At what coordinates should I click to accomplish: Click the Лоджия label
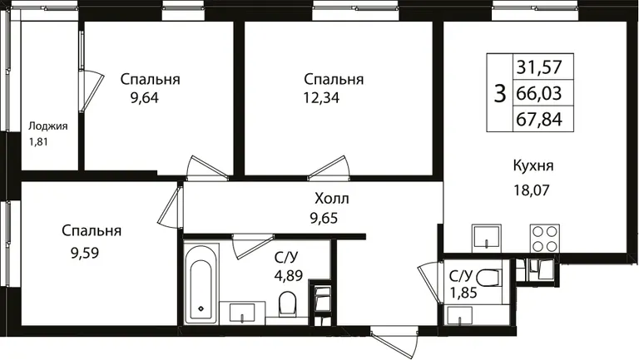point(47,126)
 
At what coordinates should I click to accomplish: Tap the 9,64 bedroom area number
point(145,98)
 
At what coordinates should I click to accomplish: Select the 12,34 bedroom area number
point(321,98)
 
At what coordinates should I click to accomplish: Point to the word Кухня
point(533,166)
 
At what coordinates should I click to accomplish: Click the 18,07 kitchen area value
point(532,190)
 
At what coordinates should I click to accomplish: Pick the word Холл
point(332,199)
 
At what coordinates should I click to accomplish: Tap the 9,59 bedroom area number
point(85,254)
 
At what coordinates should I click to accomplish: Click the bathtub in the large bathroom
point(201,284)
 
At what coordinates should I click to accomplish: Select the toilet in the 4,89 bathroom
point(287,303)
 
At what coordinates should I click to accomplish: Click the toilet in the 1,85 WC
point(488,279)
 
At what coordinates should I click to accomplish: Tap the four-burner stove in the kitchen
point(545,239)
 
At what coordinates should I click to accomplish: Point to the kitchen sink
point(487,238)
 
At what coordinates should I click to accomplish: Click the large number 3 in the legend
point(499,93)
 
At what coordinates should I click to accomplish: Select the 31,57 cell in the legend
point(539,67)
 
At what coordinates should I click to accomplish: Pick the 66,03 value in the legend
point(539,93)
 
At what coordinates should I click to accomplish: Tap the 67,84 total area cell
point(539,120)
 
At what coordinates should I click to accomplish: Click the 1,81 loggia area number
point(38,142)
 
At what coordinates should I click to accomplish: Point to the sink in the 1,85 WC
point(459,316)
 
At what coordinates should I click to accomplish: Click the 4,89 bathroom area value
point(289,276)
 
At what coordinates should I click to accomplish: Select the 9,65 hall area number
point(324,219)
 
